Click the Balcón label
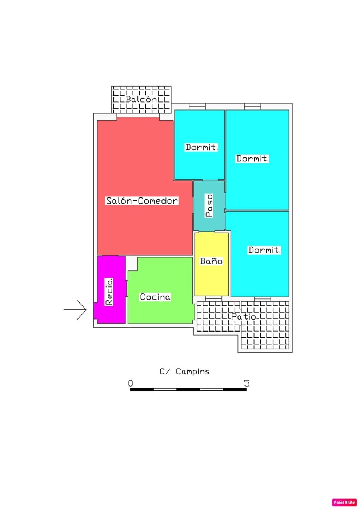(141, 99)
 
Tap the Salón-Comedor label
(142, 201)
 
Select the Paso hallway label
(209, 205)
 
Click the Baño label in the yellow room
(211, 261)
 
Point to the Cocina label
(155, 297)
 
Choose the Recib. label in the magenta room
(109, 292)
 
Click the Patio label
(243, 317)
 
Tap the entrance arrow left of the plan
(75, 310)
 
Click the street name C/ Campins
(185, 372)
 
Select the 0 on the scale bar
(131, 383)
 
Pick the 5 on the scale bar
(247, 383)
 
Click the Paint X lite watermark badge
(344, 502)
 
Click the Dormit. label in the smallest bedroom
(201, 147)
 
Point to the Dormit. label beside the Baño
(264, 250)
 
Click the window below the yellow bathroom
(213, 298)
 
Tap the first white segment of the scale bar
(165, 389)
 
